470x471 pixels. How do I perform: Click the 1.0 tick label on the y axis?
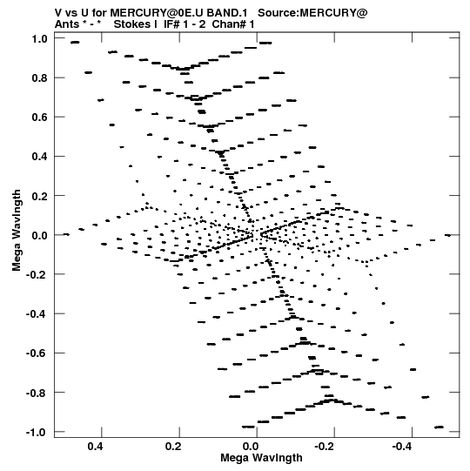[39, 39]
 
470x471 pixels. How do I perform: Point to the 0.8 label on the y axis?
[39, 78]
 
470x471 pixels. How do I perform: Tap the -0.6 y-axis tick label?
[37, 353]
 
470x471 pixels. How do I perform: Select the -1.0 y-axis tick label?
[37, 432]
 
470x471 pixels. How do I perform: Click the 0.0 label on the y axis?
[39, 235]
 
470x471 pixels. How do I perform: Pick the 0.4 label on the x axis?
[95, 447]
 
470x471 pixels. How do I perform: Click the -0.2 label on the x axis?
[325, 447]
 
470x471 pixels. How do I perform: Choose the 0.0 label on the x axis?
[251, 447]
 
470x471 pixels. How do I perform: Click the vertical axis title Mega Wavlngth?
[17, 231]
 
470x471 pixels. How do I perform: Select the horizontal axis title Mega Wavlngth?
[261, 458]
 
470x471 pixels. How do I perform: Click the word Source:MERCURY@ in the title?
[312, 13]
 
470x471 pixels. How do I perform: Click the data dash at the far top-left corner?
[75, 43]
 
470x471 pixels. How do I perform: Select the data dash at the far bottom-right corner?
[439, 427]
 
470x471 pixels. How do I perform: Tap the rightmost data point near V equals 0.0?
[447, 235]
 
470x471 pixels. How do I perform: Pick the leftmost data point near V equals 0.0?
[66, 234]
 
